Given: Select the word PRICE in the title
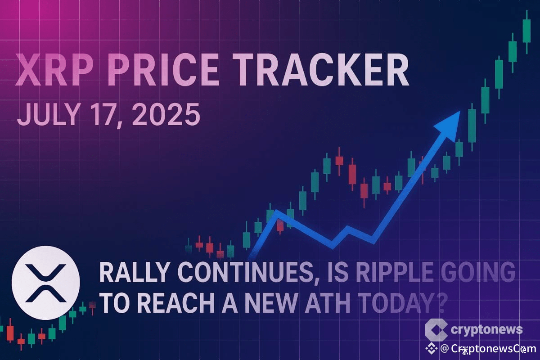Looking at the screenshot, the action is [x=163, y=70].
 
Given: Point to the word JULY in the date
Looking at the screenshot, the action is [x=48, y=114].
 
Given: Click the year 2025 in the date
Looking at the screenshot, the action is [x=166, y=114].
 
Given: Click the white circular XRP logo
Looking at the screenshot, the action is [x=45, y=283].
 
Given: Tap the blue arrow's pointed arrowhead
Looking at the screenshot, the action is [x=449, y=126].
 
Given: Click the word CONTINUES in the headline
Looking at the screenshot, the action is [x=248, y=273].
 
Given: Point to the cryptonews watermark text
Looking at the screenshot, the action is [x=486, y=329].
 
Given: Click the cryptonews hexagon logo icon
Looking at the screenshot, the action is [x=436, y=329].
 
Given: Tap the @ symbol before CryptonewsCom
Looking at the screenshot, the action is [x=445, y=348].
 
